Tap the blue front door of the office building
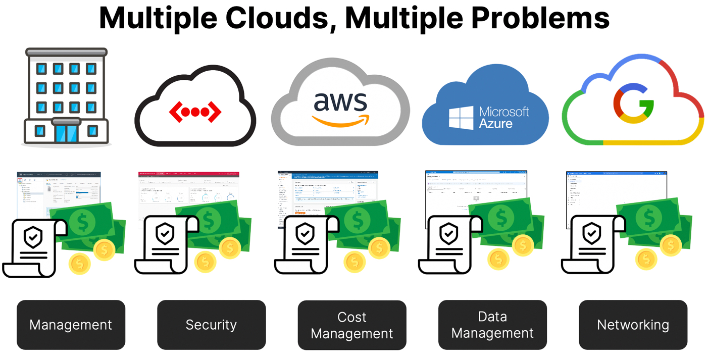point(67,133)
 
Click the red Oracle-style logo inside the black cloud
point(195,112)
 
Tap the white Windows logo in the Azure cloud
point(461,118)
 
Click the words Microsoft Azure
point(503,117)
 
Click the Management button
point(71,325)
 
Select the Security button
point(211,325)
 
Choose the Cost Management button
point(352,325)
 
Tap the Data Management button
point(492,325)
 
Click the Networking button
point(633,325)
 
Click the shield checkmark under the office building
point(33,236)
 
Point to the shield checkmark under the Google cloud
point(591,234)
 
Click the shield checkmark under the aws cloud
point(305,234)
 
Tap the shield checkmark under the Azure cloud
point(449,234)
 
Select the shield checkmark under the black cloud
point(165,234)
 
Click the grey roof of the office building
point(66,52)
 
